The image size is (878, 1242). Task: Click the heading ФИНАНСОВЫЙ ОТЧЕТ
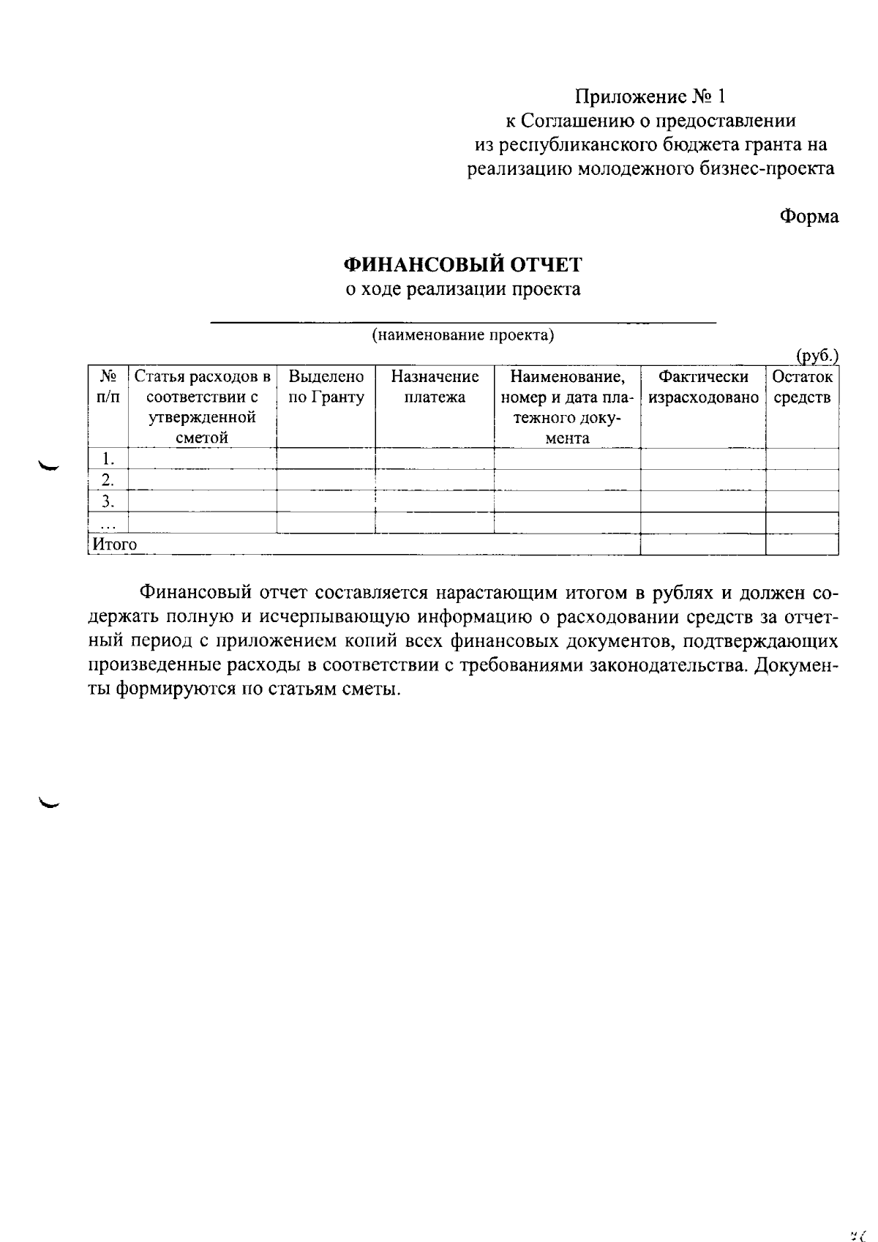point(463,264)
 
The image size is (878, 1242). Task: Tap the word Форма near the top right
point(808,217)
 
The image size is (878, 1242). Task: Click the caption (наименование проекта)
point(462,336)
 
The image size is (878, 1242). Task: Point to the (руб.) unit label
point(817,356)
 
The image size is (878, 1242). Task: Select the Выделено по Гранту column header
point(326,387)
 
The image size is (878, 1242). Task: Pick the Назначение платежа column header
point(435,387)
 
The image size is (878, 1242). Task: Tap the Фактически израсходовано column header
point(703,387)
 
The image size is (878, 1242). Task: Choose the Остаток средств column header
point(802,387)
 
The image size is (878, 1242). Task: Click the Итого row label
point(114,545)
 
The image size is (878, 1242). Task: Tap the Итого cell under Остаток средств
point(802,545)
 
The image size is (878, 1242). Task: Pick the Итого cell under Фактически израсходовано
point(703,545)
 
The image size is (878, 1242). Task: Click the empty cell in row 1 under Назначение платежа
point(435,459)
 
